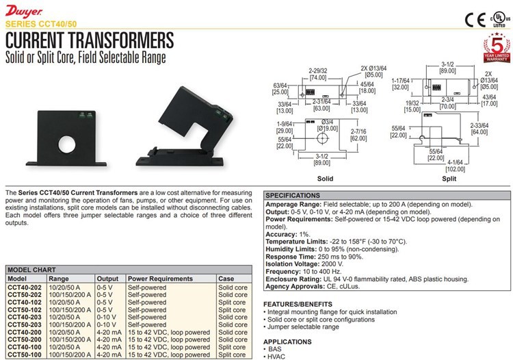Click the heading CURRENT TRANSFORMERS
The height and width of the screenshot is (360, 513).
tap(89, 38)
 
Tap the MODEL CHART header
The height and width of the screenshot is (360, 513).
tap(31, 270)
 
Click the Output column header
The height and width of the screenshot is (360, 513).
tap(107, 279)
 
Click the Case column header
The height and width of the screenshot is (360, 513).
tap(226, 279)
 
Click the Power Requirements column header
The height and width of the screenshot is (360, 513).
tap(160, 279)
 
